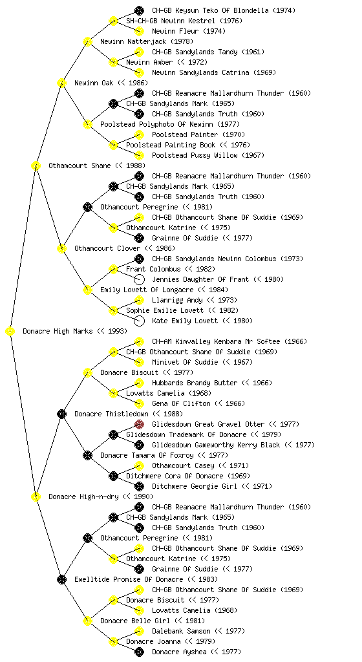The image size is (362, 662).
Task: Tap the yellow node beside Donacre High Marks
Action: tap(10, 332)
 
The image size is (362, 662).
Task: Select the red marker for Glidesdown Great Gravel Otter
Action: tap(139, 424)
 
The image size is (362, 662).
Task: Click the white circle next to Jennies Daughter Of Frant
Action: tap(139, 279)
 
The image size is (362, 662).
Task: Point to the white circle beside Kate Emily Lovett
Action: tap(139, 321)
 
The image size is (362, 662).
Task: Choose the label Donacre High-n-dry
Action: tap(83, 497)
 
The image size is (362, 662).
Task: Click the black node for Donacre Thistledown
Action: tap(61, 414)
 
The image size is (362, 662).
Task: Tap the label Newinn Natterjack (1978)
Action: tap(147, 42)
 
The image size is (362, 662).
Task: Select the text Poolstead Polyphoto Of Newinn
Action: tap(157, 125)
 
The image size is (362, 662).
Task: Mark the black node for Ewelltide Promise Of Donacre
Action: tap(61, 580)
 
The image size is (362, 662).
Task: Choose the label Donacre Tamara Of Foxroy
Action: tap(147, 456)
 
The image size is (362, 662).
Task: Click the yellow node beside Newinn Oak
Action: tap(61, 83)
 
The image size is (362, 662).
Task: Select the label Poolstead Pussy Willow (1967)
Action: tap(208, 155)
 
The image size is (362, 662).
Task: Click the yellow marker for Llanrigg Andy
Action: tap(139, 300)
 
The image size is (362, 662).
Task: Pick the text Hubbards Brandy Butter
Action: tap(195, 383)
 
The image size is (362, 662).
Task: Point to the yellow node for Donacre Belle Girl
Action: tap(87, 621)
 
